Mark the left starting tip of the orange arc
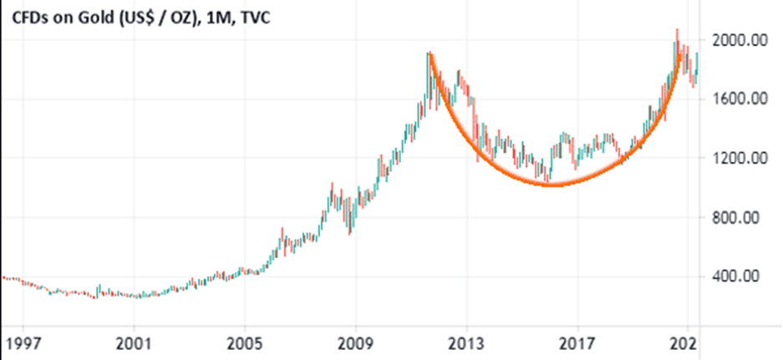tap(429, 54)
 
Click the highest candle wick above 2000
tap(677, 30)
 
